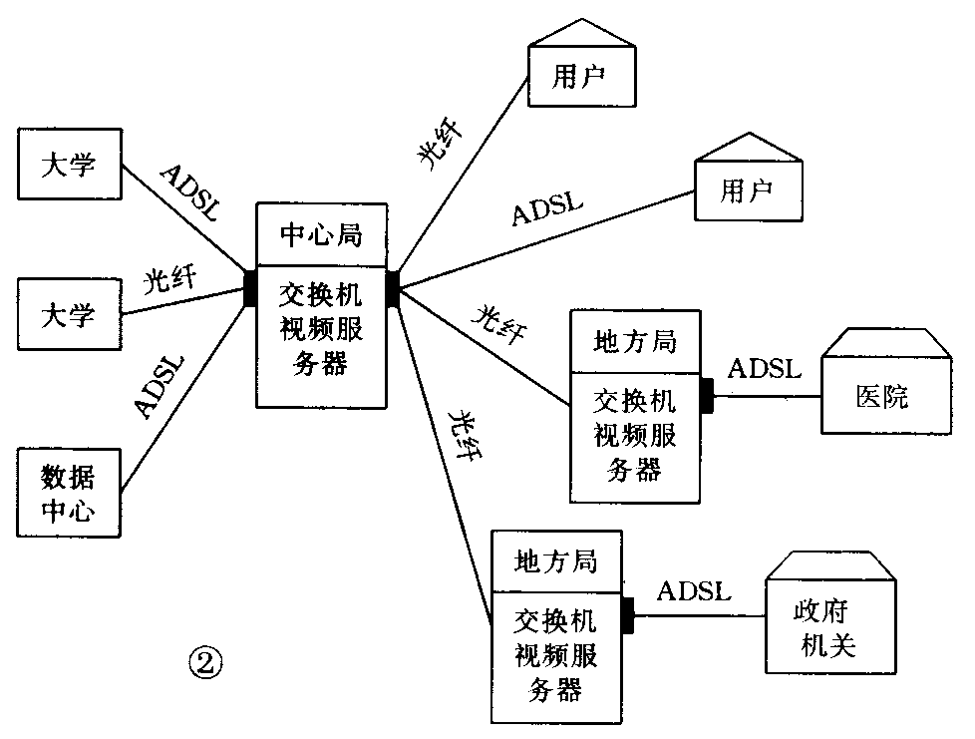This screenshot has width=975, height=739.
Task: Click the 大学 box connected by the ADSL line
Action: pos(69,164)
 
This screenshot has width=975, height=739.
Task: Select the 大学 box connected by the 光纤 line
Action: pos(69,314)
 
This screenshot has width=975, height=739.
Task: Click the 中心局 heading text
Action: pos(320,235)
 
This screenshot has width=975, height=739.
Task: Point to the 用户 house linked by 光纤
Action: pos(581,76)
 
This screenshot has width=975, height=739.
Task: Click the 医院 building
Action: pos(882,397)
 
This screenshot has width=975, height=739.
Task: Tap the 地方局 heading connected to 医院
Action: pos(635,342)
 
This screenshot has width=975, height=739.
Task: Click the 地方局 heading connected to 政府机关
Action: pos(556,561)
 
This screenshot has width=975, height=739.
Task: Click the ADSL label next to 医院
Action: pos(764,369)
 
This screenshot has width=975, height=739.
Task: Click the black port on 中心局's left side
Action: pos(250,288)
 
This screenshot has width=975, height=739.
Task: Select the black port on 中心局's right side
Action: pos(392,288)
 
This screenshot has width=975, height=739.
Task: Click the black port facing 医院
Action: pos(707,395)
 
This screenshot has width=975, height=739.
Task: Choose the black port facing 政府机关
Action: pos(627,615)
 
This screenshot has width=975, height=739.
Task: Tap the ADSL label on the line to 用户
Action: pos(547,209)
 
